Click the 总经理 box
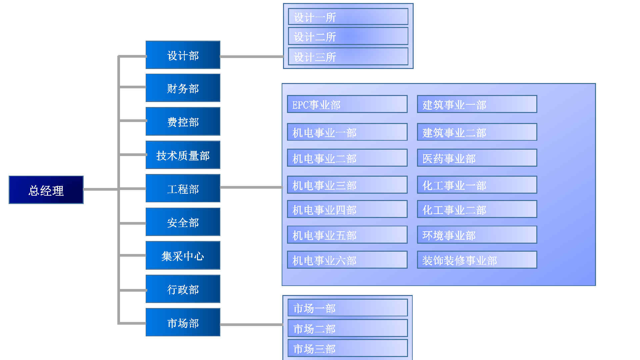point(46,190)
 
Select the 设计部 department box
point(183,55)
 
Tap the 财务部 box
point(183,88)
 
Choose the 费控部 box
point(183,121)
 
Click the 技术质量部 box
point(183,155)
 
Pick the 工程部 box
point(183,188)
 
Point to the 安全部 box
point(183,222)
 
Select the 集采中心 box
point(183,255)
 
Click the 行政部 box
point(183,289)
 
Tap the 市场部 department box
point(183,322)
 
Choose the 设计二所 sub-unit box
point(348,36)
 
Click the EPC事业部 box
point(347,104)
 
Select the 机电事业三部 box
point(347,185)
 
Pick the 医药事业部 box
point(477,158)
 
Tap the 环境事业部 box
point(477,235)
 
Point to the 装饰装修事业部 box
point(477,260)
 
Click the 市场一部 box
point(348,308)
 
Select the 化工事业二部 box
point(477,209)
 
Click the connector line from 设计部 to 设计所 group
point(251,57)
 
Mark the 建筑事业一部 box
point(477,104)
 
